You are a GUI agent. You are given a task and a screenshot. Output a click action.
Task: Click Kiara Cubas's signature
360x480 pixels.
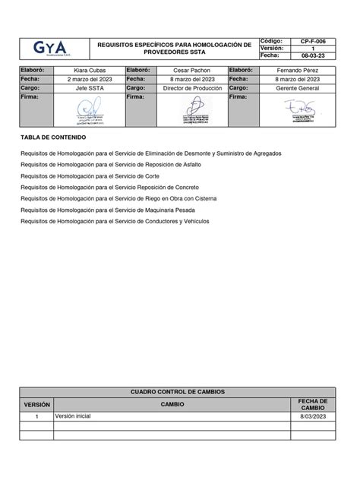click(x=89, y=112)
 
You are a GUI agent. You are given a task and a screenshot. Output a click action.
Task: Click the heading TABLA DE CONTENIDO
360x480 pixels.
click(x=53, y=137)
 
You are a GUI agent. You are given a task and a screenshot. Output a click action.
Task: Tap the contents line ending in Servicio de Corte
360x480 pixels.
click(x=97, y=175)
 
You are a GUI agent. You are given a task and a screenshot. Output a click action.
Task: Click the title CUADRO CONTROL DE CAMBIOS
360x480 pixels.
click(x=178, y=392)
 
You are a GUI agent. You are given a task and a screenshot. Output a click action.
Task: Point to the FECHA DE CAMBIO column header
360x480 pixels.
click(x=312, y=405)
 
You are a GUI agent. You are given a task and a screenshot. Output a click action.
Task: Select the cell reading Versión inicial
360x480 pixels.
click(x=73, y=417)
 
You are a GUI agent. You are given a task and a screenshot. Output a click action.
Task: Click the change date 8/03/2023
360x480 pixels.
click(x=312, y=417)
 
